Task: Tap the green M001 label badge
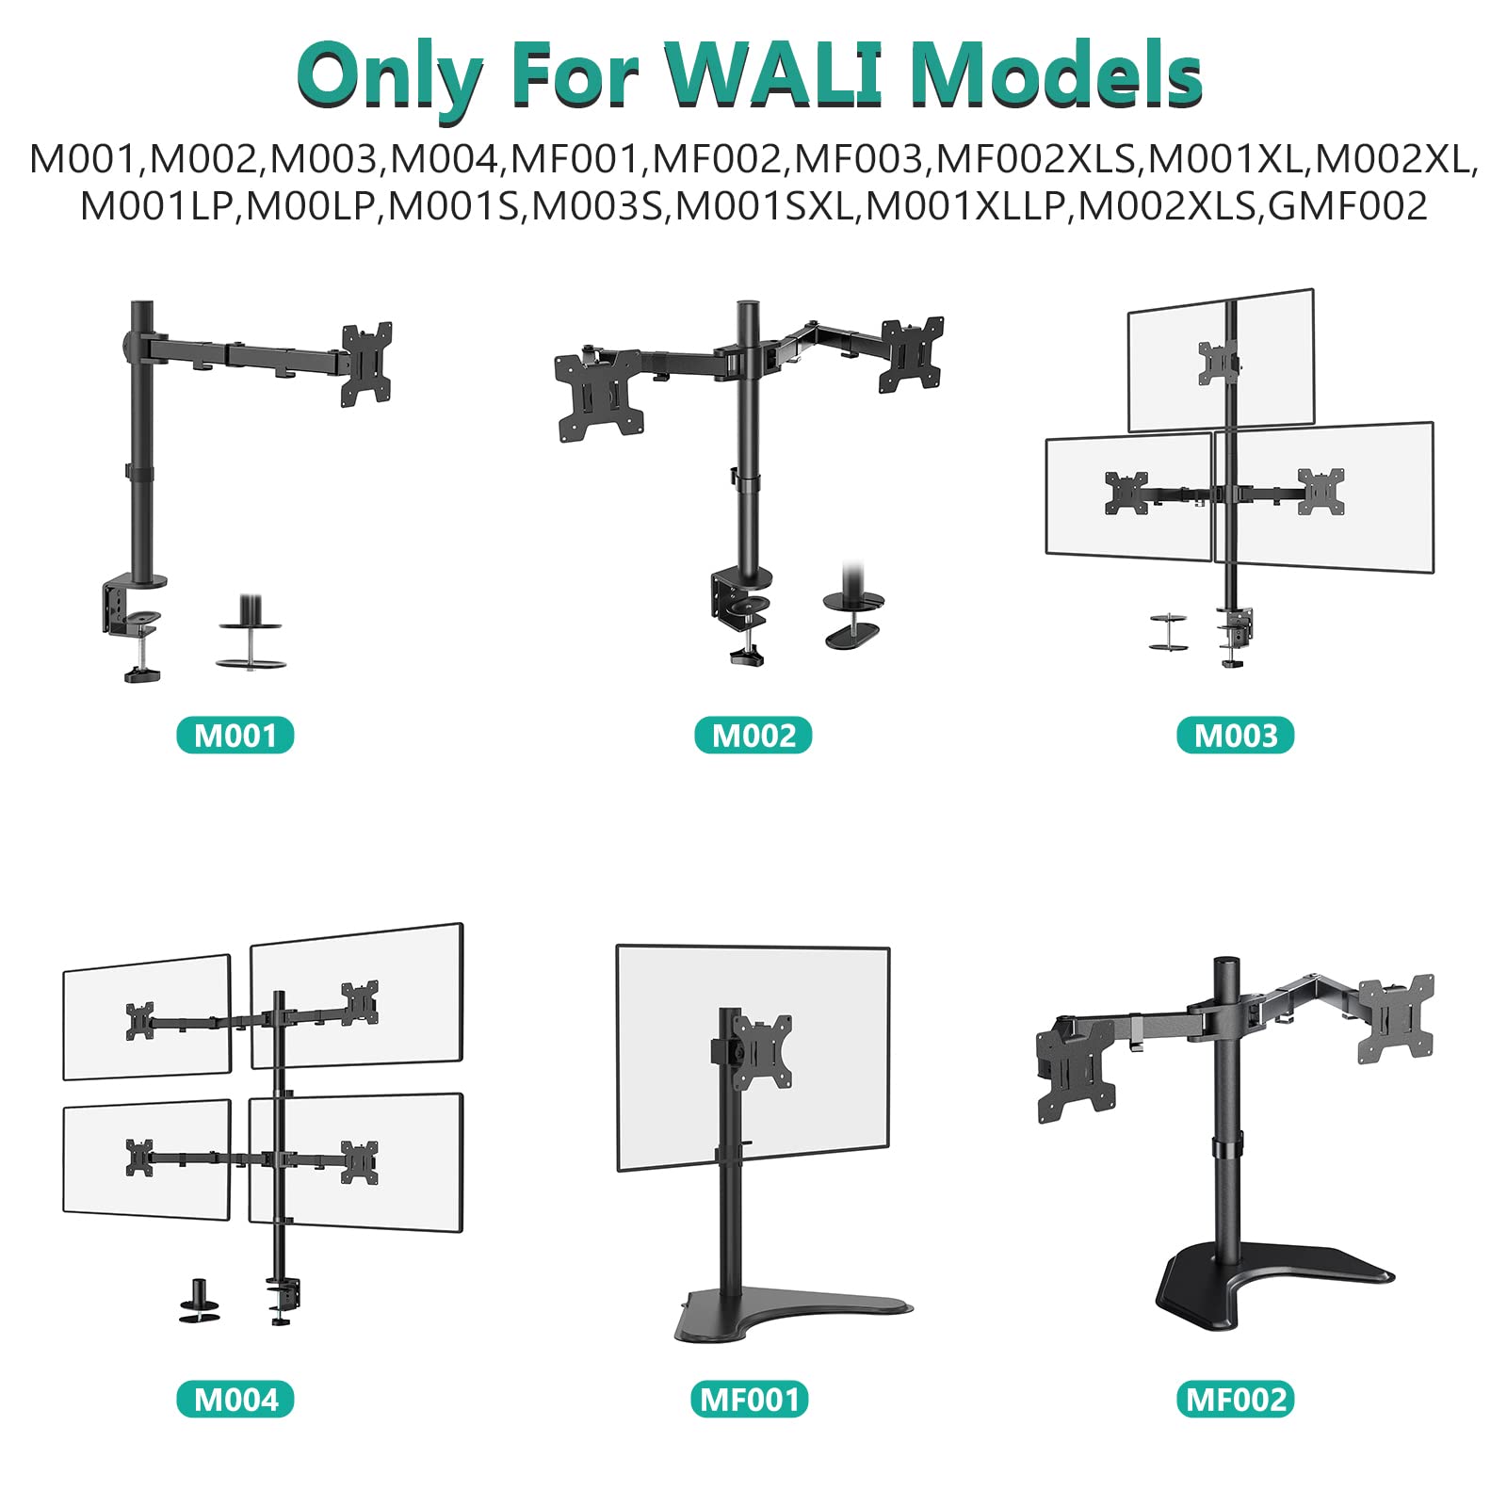click(x=235, y=736)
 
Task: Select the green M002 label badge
click(x=753, y=736)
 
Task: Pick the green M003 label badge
click(x=1236, y=736)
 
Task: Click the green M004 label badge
click(x=235, y=1399)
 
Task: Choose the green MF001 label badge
click(x=750, y=1399)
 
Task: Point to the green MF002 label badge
click(x=1236, y=1399)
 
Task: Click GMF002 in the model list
click(x=1348, y=206)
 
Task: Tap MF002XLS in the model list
click(x=1035, y=159)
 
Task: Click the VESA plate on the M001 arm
click(x=366, y=364)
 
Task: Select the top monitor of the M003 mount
click(x=1220, y=360)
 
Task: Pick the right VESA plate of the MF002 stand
click(x=1395, y=1018)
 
